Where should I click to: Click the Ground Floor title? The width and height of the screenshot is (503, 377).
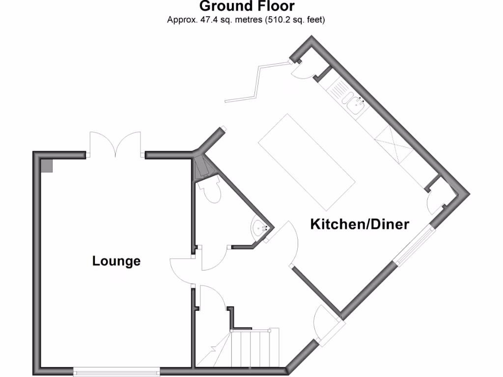(x=247, y=6)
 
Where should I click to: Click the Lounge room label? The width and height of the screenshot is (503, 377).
(x=116, y=261)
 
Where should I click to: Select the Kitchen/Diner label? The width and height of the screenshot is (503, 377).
(x=360, y=224)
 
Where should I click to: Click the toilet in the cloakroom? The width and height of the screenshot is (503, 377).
(x=210, y=191)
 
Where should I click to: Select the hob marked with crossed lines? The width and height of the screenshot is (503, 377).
(x=393, y=145)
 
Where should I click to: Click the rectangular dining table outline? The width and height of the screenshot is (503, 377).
(x=307, y=162)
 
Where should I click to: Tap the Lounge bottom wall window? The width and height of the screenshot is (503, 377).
(x=116, y=372)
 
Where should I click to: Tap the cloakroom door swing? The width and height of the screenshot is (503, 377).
(x=214, y=258)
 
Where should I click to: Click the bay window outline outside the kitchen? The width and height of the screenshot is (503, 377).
(x=257, y=82)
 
